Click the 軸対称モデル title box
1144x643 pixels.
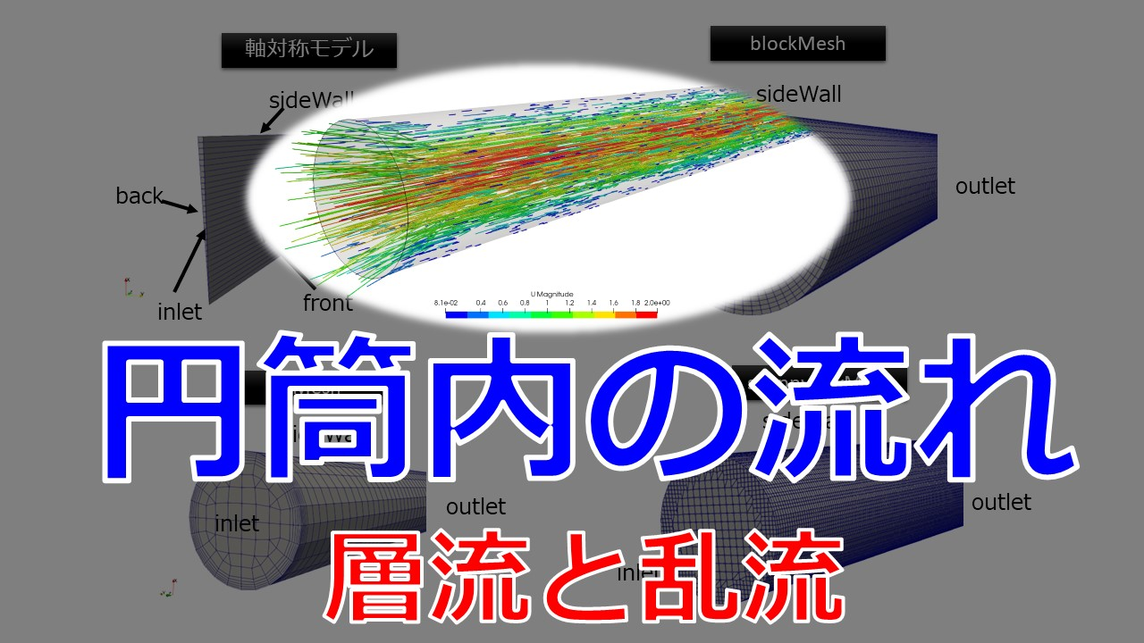tap(308, 50)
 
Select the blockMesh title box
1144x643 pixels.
tap(797, 43)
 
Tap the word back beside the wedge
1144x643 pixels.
tap(139, 196)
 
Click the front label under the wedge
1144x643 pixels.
tap(327, 304)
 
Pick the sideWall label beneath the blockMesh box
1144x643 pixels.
tap(798, 94)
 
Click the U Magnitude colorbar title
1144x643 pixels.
tap(551, 294)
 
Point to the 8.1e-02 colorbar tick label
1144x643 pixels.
tap(445, 303)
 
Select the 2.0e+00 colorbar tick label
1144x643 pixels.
tap(657, 303)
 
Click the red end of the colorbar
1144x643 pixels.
tap(648, 313)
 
